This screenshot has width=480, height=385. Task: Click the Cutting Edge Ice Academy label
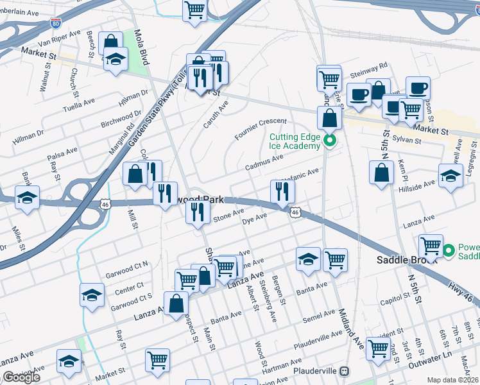[295, 141]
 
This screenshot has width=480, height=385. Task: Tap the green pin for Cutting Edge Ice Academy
[330, 141]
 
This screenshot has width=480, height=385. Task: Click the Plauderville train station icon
[345, 372]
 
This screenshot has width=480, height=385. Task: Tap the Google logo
[21, 377]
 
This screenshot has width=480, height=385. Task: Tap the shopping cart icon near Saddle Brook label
[431, 246]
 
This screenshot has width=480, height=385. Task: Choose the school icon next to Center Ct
[92, 295]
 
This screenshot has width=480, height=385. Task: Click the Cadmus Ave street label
[264, 162]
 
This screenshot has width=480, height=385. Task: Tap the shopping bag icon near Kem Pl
[382, 173]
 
